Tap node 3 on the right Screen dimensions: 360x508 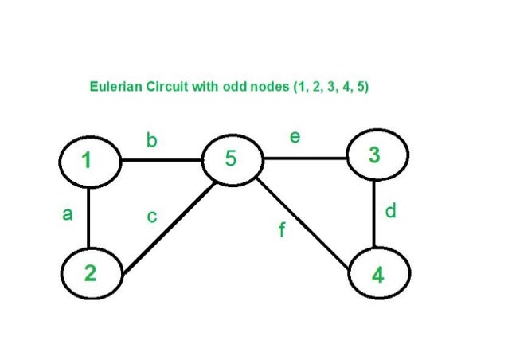pos(376,155)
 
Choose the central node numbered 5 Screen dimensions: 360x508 pos(232,159)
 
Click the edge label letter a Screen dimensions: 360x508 pos(67,214)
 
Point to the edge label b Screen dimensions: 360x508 pos(151,141)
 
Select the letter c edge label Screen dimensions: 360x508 pos(151,217)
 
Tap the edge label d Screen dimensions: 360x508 pos(389,212)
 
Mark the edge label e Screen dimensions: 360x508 pos(295,137)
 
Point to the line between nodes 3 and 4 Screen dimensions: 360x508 pos(375,214)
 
